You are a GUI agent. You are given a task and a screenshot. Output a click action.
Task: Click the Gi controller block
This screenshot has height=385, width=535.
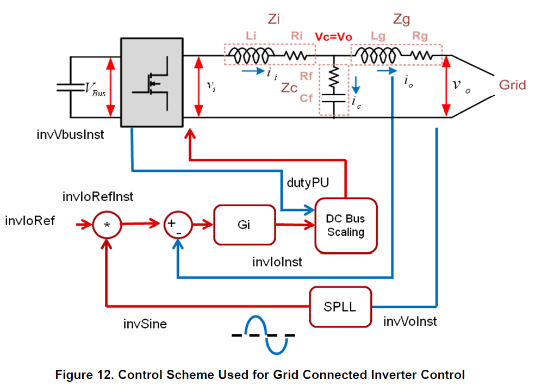(x=245, y=225)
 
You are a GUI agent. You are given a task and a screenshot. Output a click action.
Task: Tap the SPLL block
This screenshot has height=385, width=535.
(x=341, y=306)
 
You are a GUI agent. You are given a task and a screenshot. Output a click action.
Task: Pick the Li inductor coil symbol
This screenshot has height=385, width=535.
(x=251, y=55)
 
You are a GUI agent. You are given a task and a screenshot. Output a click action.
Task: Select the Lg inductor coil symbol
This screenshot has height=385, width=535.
(x=376, y=55)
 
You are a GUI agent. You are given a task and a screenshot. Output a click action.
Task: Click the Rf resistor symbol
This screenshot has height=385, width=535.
(x=334, y=77)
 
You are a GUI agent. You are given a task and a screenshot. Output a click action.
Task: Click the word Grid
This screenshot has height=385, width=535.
(x=512, y=85)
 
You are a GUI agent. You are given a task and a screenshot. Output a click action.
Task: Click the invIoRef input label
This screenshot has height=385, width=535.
(x=30, y=221)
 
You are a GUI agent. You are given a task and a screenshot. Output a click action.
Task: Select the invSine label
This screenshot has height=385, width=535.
(x=145, y=324)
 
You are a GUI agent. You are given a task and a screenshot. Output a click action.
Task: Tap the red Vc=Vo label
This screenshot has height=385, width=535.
(x=334, y=36)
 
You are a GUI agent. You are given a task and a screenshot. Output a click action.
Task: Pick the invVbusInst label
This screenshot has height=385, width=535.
(x=67, y=134)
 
